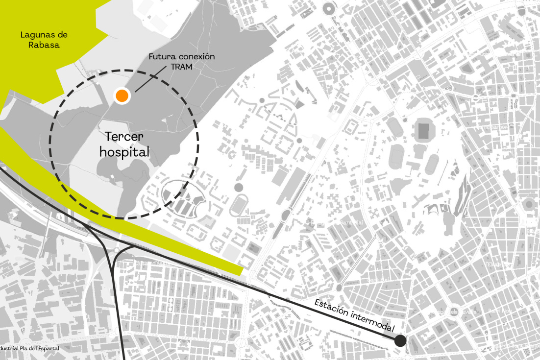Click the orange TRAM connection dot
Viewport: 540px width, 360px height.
click(122, 96)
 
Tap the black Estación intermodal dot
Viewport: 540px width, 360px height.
click(400, 341)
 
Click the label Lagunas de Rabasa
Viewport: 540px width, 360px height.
click(43, 40)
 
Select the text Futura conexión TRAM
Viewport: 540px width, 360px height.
click(182, 62)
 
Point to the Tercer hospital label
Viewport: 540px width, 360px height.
click(124, 144)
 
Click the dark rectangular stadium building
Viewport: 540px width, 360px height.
click(422, 130)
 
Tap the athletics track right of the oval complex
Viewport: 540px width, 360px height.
click(237, 205)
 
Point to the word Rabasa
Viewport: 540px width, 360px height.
click(43, 45)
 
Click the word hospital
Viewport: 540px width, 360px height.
click(124, 152)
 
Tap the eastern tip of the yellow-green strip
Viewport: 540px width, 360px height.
click(241, 271)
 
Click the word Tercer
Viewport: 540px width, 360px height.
click(124, 136)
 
